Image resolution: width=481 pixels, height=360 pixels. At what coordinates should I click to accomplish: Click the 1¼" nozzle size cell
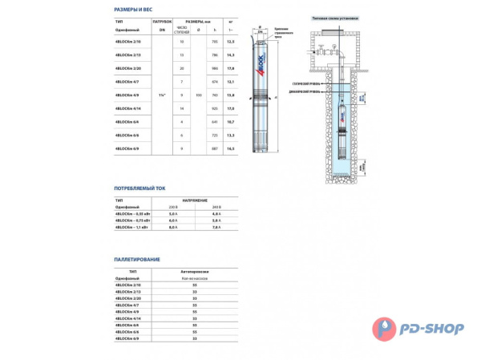(x=164, y=95)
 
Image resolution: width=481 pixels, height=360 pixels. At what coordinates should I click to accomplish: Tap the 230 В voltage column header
(x=172, y=208)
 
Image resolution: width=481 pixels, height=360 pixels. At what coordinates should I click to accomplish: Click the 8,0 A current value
(x=172, y=227)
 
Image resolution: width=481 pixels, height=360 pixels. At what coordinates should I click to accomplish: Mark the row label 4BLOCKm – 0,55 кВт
(x=134, y=214)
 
